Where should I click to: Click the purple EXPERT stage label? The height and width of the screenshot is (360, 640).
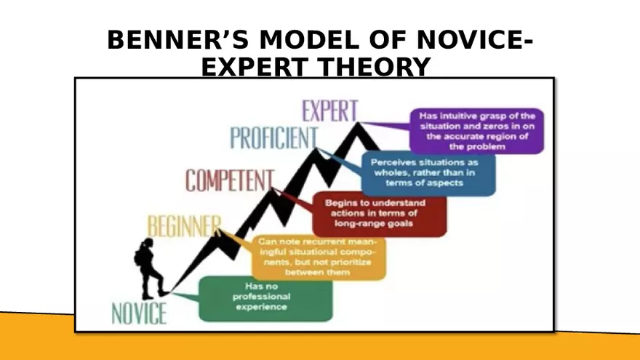pos(330,111)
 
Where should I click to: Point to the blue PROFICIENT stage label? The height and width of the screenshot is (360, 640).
pos(274,138)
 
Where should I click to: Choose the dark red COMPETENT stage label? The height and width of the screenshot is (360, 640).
pos(229,180)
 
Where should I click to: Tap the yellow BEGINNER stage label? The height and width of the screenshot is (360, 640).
pos(183,226)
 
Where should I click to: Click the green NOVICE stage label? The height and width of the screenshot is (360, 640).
pos(139,313)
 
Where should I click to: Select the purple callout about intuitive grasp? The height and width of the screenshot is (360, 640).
pos(477,131)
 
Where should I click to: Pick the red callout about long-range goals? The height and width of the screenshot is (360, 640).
pos(380,213)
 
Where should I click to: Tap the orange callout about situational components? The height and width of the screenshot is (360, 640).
pos(318,257)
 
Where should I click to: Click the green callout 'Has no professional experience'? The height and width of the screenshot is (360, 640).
pos(265,297)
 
